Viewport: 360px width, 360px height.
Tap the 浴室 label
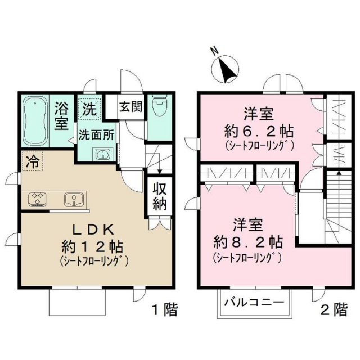click(61, 116)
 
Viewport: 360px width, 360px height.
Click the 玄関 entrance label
click(130, 106)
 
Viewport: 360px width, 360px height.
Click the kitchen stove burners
click(38, 199)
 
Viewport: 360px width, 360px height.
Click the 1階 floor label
click(164, 309)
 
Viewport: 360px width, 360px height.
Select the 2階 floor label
click(334, 309)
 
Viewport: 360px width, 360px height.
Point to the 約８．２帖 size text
click(249, 243)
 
